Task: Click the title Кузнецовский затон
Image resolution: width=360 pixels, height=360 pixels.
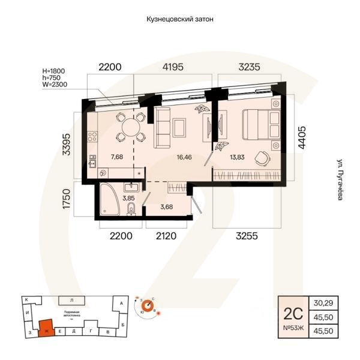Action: click(180, 19)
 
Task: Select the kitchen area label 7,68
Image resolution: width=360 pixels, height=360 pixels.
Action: click(116, 158)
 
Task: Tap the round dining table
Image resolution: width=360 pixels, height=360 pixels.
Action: click(129, 127)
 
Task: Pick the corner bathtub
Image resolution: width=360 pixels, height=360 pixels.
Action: click(112, 201)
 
